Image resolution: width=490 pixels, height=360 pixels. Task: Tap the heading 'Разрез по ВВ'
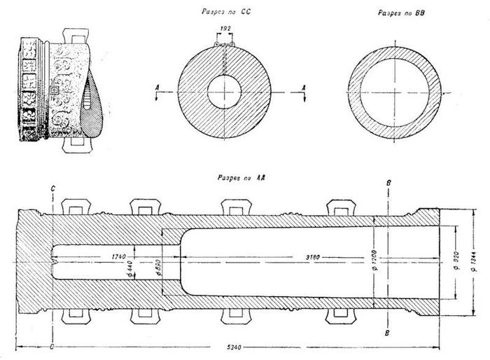click(x=397, y=13)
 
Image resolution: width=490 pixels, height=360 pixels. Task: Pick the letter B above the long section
click(x=389, y=184)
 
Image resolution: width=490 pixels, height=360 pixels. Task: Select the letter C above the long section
click(x=52, y=189)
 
